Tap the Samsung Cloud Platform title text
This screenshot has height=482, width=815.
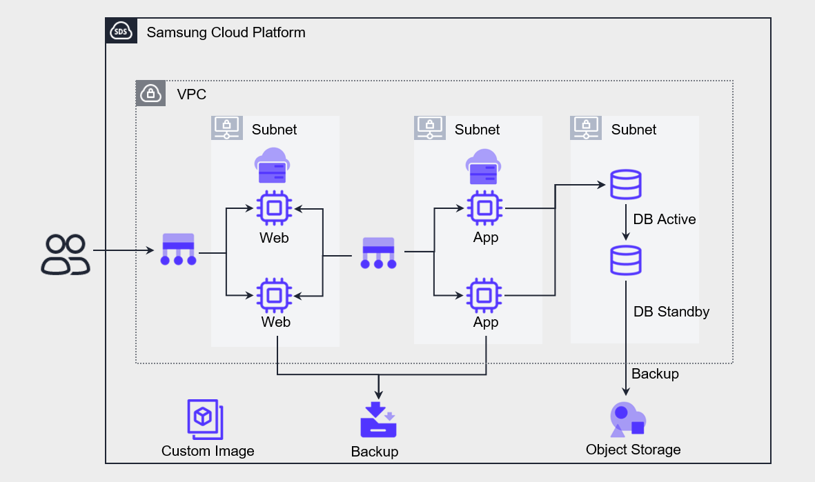coord(226,32)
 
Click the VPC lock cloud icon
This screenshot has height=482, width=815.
coord(150,93)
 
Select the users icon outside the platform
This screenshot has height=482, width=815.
coord(66,254)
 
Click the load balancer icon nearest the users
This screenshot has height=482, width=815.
coord(179,250)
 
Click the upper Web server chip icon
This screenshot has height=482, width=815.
coord(274,208)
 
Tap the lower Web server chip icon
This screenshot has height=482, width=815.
coord(274,295)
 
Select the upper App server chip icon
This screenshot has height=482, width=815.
coord(486,208)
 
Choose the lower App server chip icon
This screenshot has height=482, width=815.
coord(486,295)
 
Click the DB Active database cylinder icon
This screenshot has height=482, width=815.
coord(626,185)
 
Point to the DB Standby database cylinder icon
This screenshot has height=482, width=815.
coord(626,261)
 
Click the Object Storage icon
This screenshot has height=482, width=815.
coord(627,418)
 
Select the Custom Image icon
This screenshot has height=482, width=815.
coord(205,419)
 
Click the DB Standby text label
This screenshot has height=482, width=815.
coord(671,312)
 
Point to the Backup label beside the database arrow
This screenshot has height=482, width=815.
coord(655,374)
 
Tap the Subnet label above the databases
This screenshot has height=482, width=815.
coord(634,130)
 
